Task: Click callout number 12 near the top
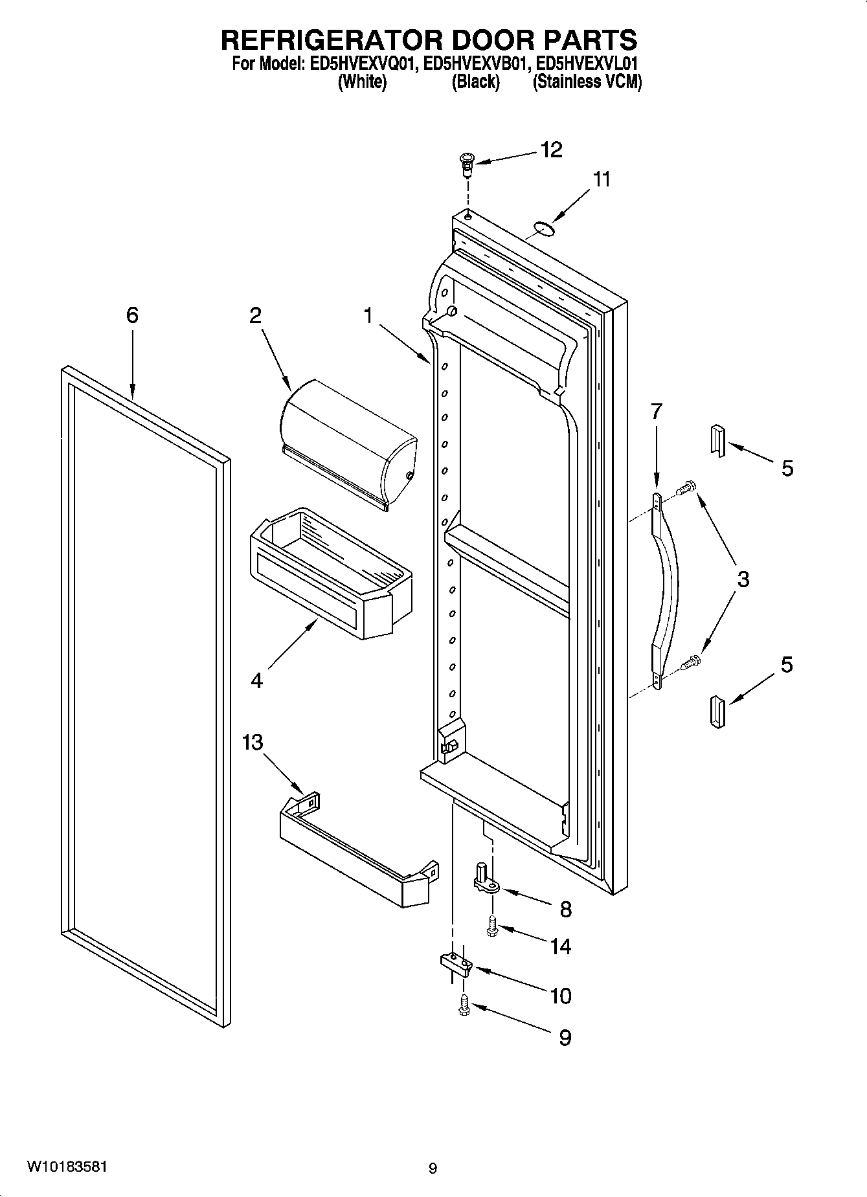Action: point(551,150)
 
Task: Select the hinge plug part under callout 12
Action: point(466,165)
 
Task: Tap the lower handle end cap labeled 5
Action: point(717,713)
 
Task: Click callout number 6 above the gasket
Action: point(132,315)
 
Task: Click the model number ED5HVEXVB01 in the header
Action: point(477,65)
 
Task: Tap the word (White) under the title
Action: point(363,82)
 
